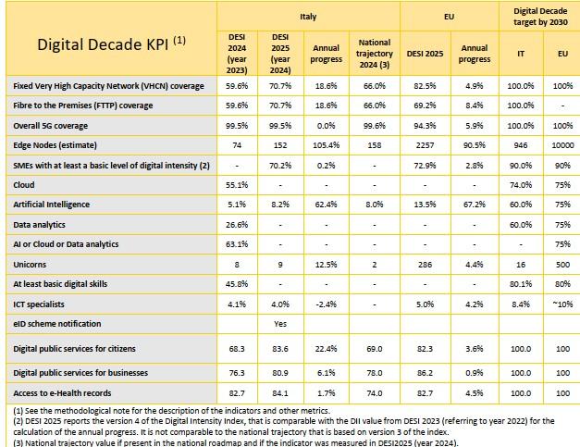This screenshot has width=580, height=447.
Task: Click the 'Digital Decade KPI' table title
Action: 111,43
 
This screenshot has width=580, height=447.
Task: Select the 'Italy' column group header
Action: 308,17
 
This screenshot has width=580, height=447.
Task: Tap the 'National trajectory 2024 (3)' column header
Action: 375,54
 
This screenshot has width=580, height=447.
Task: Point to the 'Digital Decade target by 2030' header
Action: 540,17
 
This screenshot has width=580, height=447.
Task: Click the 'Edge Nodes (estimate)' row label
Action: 55,145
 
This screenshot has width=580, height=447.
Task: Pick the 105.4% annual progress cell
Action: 326,145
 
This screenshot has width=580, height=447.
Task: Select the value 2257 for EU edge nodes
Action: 425,145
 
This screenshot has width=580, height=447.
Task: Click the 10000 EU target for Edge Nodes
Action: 562,145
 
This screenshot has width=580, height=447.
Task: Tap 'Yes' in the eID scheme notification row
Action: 280,324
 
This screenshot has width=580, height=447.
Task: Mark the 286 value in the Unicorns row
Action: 425,265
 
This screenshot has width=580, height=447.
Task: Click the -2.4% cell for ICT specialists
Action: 326,304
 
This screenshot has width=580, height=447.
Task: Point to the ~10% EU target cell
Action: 562,304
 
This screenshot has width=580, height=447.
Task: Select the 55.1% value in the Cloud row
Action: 237,185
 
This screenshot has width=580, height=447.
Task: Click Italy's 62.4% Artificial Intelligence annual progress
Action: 326,205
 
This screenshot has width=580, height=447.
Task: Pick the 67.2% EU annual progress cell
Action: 475,205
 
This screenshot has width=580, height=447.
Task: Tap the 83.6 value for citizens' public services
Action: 280,349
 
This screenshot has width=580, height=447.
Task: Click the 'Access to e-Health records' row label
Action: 62,393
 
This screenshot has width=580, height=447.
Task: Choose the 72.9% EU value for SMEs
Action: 425,165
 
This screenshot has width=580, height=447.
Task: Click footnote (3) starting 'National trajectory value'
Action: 236,442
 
